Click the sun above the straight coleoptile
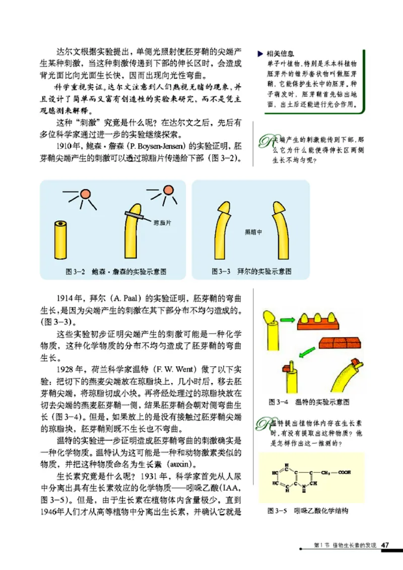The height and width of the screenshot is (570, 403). [86, 193]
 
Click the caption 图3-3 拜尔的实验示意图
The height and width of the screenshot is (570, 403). [251, 272]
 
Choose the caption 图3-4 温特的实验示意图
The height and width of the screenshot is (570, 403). [309, 402]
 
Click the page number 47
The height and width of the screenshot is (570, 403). [385, 545]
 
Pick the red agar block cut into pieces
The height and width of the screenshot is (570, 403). [341, 346]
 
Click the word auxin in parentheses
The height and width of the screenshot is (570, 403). [177, 463]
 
